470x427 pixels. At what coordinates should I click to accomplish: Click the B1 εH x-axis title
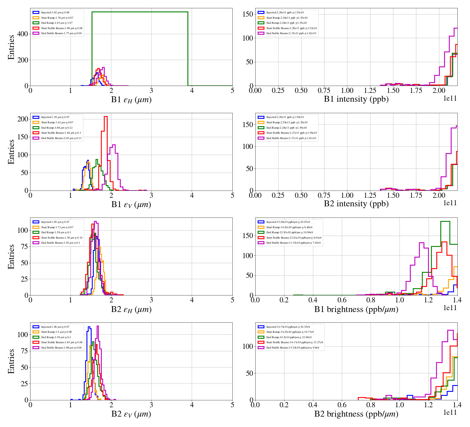pyautogui.click(x=131, y=100)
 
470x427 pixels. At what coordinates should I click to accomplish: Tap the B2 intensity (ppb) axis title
pyautogui.click(x=356, y=204)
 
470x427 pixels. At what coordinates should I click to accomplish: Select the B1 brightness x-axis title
pyautogui.click(x=356, y=309)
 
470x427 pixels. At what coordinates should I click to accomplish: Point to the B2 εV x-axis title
pyautogui.click(x=131, y=414)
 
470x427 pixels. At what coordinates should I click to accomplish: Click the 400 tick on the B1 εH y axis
pyautogui.click(x=22, y=34)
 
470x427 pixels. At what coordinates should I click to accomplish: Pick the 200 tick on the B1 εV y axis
pyautogui.click(x=22, y=119)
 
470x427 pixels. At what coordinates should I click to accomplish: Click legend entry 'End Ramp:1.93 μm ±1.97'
pyautogui.click(x=57, y=23)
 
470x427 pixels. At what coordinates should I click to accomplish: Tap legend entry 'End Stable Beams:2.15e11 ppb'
pyautogui.click(x=291, y=33)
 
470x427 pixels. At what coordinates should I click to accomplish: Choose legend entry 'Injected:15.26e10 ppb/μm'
pyautogui.click(x=288, y=222)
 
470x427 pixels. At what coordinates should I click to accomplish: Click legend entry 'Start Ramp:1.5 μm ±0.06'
pyautogui.click(x=56, y=332)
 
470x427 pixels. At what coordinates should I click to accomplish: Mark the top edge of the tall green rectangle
pyautogui.click(x=140, y=12)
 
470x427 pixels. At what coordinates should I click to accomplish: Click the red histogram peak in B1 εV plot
pyautogui.click(x=105, y=116)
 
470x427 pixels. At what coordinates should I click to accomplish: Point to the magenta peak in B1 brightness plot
pyautogui.click(x=421, y=243)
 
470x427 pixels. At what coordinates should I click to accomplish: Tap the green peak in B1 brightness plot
pyautogui.click(x=445, y=221)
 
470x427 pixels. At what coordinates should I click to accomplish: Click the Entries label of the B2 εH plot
pyautogui.click(x=11, y=256)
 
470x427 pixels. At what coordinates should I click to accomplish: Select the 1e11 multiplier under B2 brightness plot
pyautogui.click(x=450, y=412)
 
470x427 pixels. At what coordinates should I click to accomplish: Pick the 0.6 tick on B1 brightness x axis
pyautogui.click(x=342, y=300)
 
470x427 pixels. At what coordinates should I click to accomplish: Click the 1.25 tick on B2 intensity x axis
pyautogui.click(x=370, y=195)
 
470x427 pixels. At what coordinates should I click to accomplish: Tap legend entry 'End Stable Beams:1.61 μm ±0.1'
pyautogui.click(x=60, y=243)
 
